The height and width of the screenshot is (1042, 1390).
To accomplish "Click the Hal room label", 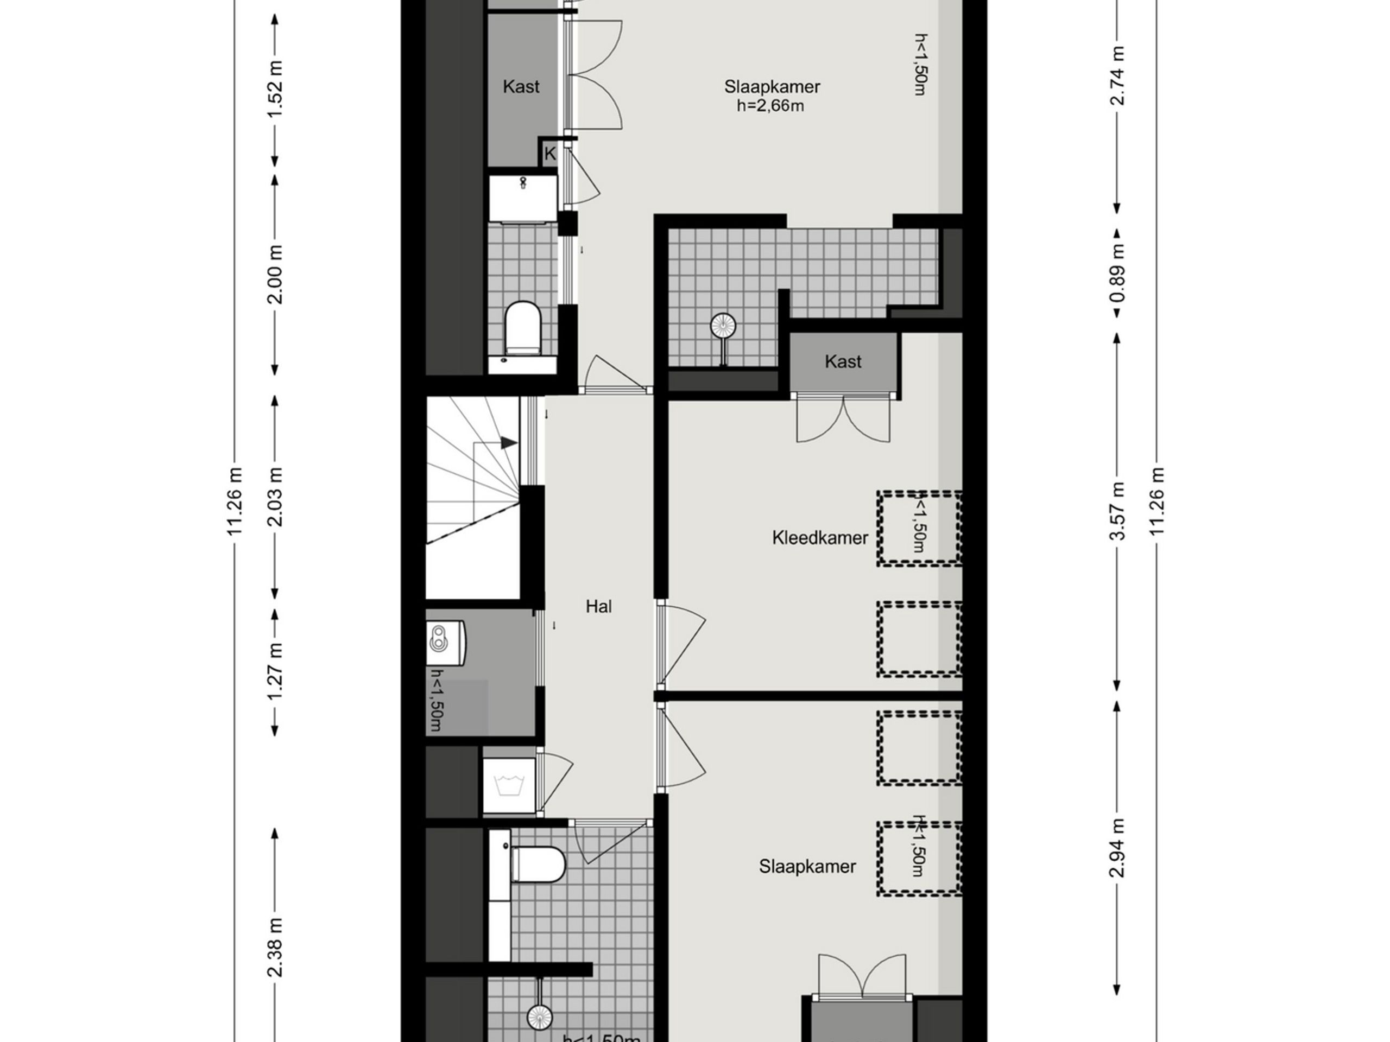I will point(598,606).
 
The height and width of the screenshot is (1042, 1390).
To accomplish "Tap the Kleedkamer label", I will point(819,538).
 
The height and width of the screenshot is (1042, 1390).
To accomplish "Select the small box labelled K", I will point(550,154).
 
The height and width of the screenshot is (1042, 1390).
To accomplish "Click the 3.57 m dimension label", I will point(1117,511).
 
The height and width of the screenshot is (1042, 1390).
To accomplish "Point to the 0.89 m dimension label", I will point(1117,272).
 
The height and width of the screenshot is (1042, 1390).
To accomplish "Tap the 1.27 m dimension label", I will point(275,671).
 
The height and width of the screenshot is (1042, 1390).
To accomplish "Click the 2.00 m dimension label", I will point(275,275).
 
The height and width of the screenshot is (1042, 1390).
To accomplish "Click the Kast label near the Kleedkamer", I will point(843,362).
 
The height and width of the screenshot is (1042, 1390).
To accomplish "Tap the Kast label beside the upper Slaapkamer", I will point(520,87).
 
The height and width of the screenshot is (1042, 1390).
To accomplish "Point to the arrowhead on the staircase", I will point(509,443).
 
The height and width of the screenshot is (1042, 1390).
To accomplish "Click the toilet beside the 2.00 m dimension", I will point(523,328).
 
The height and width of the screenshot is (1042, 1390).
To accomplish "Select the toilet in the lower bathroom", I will point(539,864).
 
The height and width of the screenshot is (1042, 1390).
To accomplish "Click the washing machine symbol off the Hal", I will point(509,786).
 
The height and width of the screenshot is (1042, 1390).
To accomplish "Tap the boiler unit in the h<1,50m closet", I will point(446,643).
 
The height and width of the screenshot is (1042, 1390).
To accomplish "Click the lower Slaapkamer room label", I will point(807,867).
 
